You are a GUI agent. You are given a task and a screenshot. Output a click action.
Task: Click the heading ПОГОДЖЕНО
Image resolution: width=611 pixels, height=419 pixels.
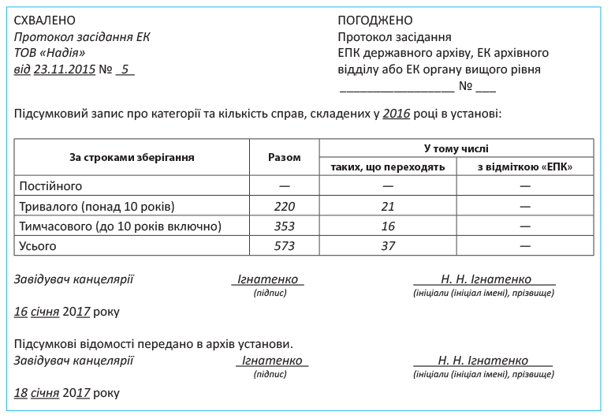(375, 21)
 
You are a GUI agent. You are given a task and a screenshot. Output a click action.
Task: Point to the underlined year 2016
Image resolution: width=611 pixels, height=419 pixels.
(397, 114)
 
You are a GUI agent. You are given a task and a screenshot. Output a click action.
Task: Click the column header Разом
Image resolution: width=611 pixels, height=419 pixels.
(285, 157)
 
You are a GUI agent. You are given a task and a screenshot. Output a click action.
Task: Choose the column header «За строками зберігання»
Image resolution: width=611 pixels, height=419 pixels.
(132, 157)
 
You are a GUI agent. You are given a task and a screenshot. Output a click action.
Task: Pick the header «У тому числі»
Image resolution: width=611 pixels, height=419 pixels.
(456, 148)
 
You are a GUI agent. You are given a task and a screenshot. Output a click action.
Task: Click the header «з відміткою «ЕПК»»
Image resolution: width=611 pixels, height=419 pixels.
(524, 166)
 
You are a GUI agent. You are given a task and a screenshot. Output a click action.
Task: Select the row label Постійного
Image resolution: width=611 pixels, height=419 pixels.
(50, 186)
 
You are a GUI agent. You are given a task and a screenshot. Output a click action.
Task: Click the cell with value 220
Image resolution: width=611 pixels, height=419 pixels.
(285, 207)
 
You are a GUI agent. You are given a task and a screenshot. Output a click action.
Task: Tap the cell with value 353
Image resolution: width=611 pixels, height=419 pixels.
(285, 226)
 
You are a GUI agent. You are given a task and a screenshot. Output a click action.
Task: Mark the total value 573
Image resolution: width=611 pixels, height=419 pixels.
(285, 246)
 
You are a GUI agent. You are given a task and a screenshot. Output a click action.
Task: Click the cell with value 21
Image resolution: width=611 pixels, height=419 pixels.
(387, 207)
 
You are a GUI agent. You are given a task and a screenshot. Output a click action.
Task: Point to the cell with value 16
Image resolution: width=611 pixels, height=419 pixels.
(387, 226)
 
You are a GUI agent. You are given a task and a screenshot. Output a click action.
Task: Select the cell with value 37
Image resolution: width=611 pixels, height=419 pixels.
(387, 246)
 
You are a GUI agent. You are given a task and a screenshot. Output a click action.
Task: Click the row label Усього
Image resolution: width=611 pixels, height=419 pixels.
(35, 246)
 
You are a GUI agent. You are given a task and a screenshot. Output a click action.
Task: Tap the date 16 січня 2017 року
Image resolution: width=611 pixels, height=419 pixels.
(67, 312)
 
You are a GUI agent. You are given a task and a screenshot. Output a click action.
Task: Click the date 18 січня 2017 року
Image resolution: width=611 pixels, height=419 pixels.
(67, 392)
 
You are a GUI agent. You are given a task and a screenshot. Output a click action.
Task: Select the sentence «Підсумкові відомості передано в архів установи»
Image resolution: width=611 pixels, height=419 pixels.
(154, 345)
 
